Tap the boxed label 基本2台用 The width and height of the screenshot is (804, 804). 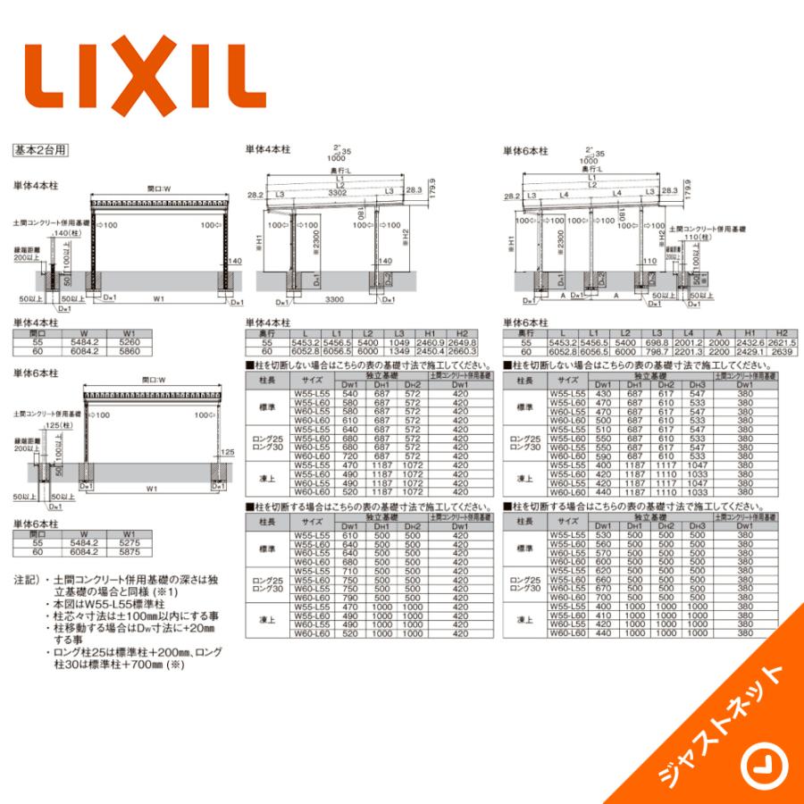tap(41, 151)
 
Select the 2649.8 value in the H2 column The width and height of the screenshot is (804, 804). tap(461, 342)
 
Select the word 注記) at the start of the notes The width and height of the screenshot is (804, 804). tap(27, 581)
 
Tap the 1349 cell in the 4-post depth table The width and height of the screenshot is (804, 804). tap(399, 351)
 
